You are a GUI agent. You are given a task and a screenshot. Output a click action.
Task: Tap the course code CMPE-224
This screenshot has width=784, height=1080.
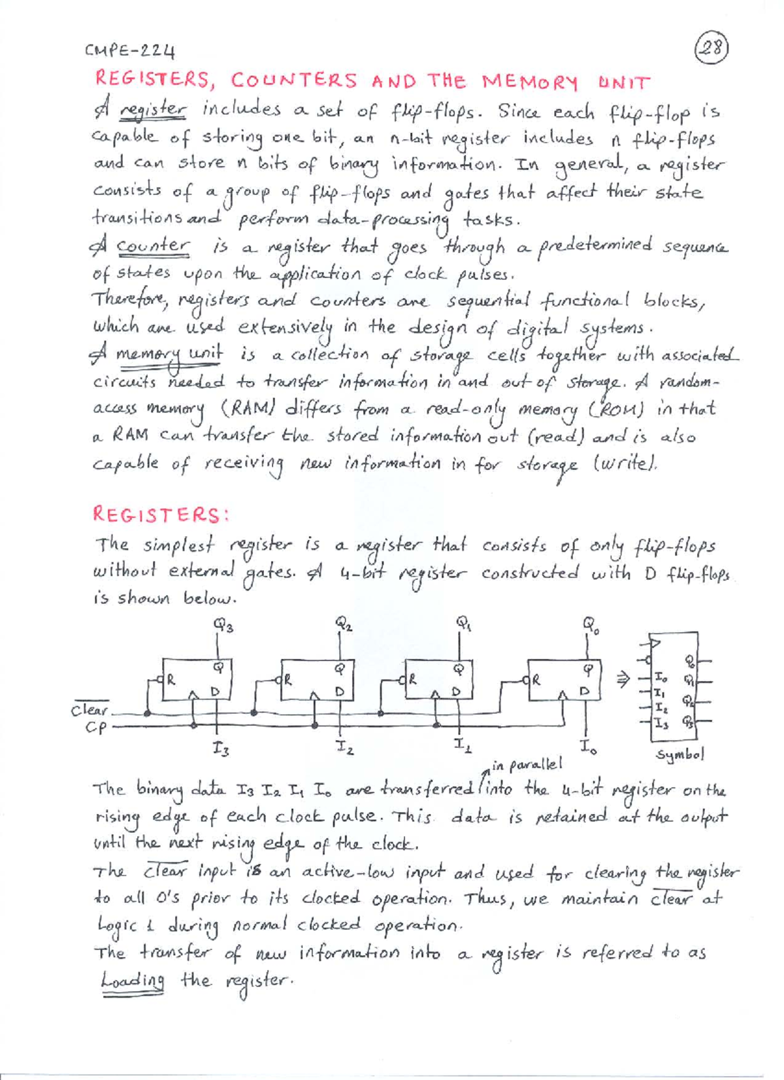(130, 50)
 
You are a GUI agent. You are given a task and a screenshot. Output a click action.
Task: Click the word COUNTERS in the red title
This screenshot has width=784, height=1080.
(293, 80)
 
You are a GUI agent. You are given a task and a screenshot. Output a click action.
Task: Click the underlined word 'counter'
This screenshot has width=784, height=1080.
(154, 246)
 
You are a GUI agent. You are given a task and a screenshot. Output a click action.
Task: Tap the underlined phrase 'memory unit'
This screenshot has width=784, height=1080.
(169, 354)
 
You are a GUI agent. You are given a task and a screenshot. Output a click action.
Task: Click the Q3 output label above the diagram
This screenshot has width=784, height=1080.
(223, 626)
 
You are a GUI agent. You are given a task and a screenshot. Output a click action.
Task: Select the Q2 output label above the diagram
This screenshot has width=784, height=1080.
(344, 623)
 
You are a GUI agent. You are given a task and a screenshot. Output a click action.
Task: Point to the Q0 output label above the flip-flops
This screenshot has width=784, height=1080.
(591, 625)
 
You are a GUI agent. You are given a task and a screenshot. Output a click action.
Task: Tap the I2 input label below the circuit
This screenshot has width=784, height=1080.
(344, 746)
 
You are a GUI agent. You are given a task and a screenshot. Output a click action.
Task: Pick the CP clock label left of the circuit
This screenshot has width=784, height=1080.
(95, 727)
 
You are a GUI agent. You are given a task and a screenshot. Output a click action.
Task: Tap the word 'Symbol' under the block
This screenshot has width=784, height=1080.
(680, 755)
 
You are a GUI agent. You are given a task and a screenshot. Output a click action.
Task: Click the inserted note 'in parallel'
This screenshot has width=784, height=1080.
(527, 764)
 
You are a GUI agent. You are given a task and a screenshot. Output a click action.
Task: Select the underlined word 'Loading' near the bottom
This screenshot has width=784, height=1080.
(133, 981)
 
